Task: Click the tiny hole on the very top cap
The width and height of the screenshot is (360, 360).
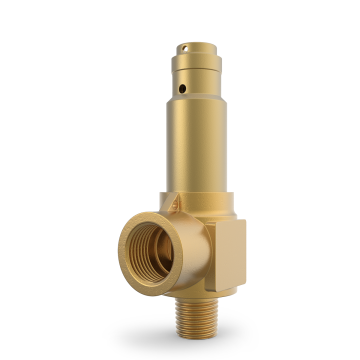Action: pyautogui.click(x=186, y=46)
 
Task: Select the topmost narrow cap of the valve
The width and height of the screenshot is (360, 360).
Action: pyautogui.click(x=193, y=52)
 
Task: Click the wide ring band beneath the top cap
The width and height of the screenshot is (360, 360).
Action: pyautogui.click(x=196, y=71)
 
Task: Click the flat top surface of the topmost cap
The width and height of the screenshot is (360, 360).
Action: pyautogui.click(x=192, y=43)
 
